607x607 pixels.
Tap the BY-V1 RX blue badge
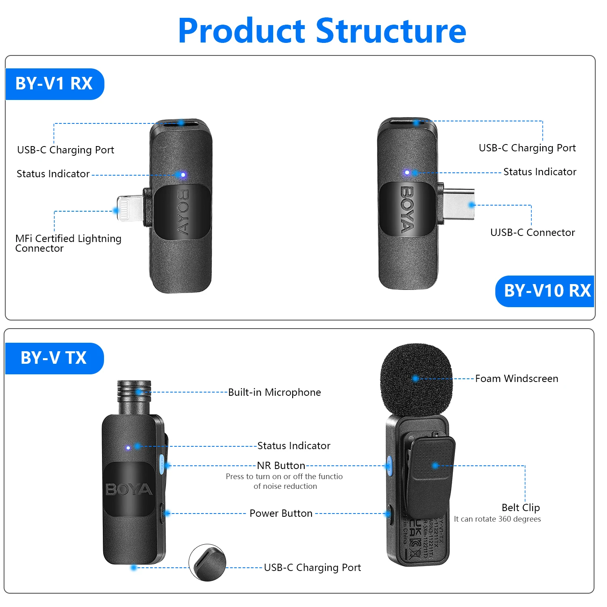[54, 84]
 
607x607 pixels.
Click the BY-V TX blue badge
[54, 358]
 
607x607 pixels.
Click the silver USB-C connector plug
[458, 205]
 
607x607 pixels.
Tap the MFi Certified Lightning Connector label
[68, 243]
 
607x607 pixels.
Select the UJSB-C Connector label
[532, 232]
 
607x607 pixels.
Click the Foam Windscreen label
[516, 379]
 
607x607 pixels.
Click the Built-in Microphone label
[274, 392]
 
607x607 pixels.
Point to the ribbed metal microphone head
[134, 397]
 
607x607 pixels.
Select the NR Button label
[281, 465]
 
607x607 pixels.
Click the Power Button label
[281, 513]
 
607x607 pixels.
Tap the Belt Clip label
[520, 507]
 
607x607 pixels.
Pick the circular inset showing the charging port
[207, 562]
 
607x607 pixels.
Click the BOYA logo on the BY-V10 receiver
[407, 209]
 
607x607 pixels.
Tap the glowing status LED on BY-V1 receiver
[183, 175]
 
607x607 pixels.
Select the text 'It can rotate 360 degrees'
[497, 519]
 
